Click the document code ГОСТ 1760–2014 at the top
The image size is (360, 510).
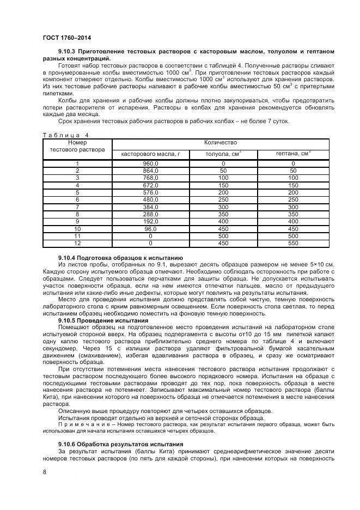66,38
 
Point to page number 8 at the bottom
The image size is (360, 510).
44,472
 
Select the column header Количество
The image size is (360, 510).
220,143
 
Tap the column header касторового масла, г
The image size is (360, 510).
150,154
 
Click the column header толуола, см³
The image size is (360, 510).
223,154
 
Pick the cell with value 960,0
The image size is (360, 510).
150,163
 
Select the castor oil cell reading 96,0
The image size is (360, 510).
150,229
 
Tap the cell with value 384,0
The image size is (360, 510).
150,208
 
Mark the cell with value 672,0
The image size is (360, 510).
150,185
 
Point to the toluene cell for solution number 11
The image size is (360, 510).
223,236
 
